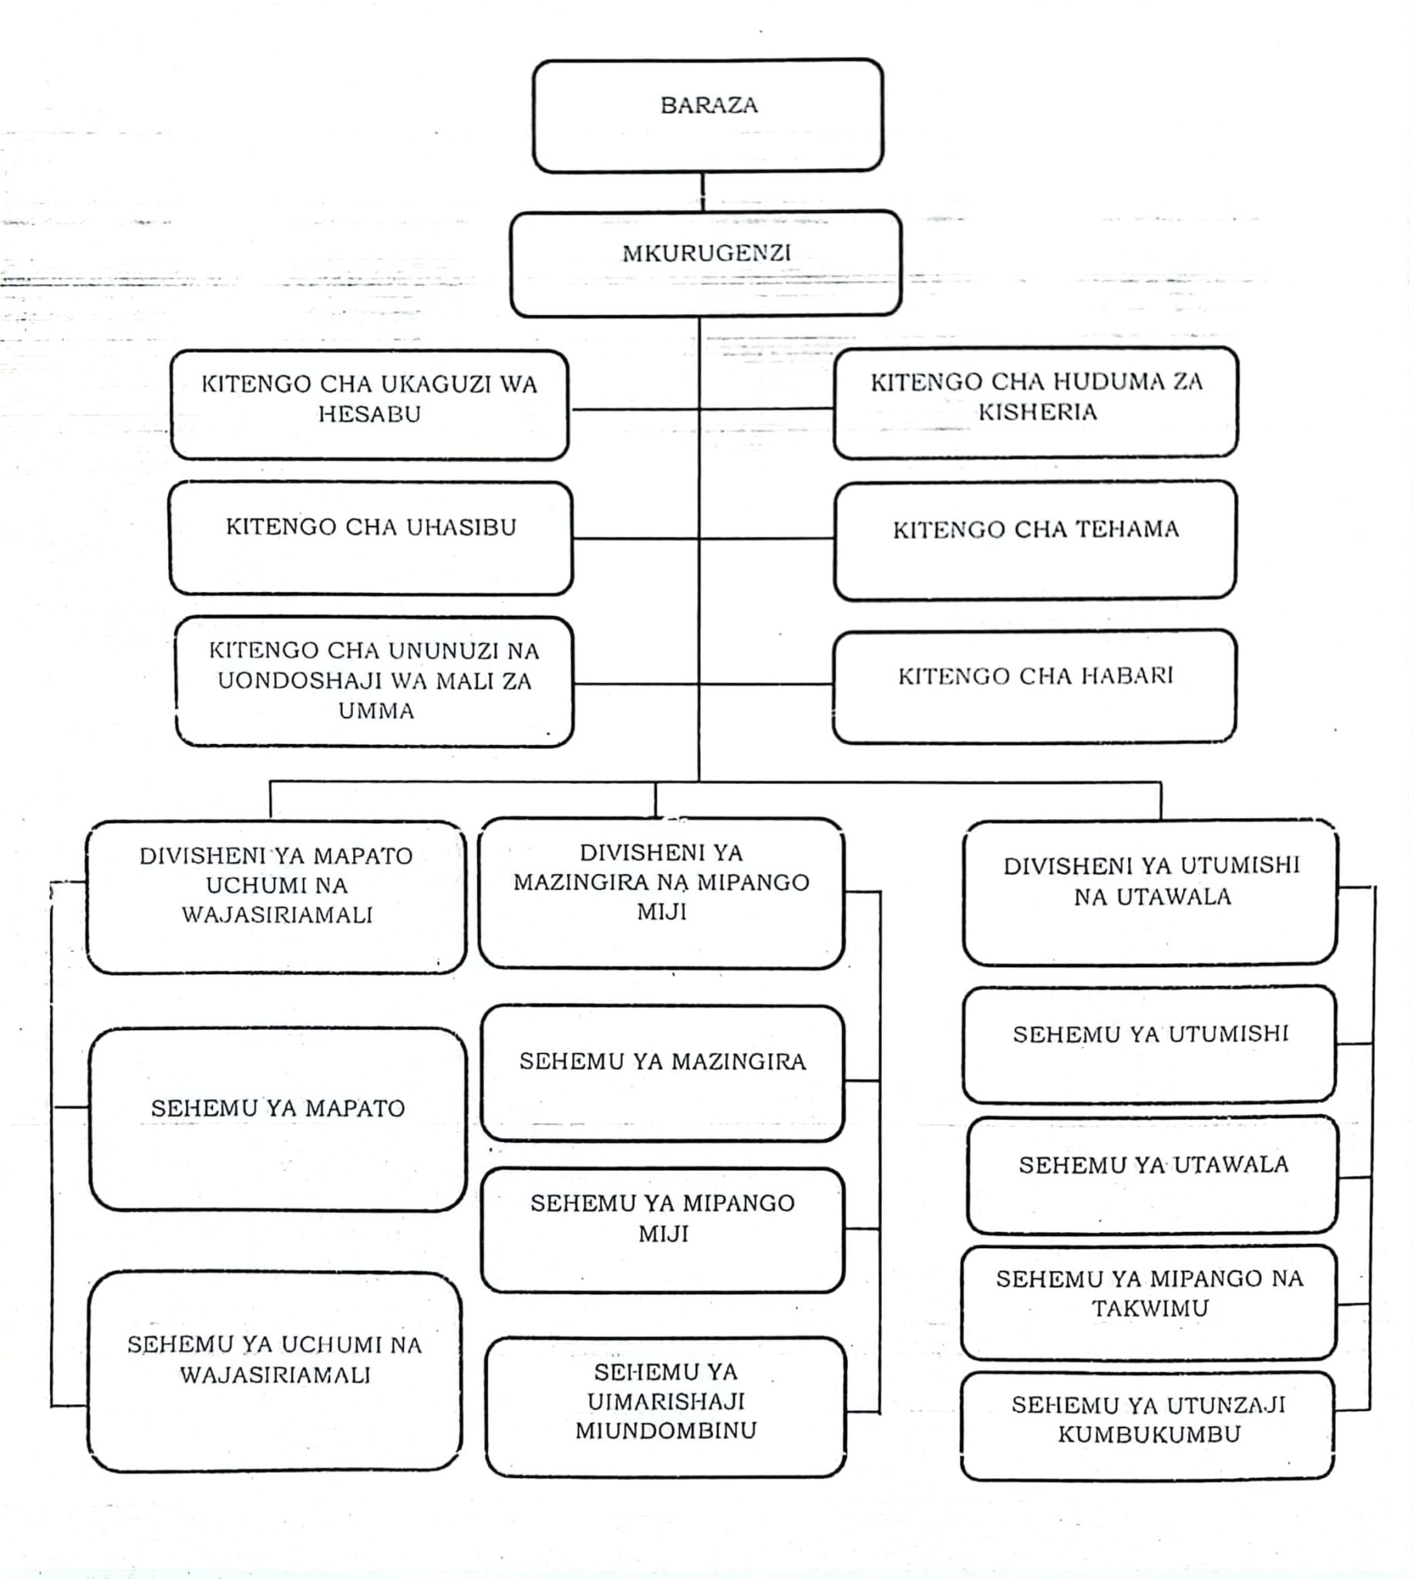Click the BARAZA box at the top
[708, 115]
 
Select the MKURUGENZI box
[705, 263]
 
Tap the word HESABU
[369, 414]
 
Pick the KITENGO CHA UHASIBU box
[371, 537]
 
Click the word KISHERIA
[1037, 412]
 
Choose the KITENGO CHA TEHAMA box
[1035, 539]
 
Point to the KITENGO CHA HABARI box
[1034, 685]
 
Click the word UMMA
[376, 711]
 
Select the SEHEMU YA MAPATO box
[278, 1119]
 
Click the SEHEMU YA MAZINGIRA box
[662, 1072]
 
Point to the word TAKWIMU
[1150, 1308]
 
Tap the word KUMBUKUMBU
[1149, 1435]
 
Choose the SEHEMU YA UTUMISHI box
[1150, 1044]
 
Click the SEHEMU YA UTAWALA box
[1153, 1174]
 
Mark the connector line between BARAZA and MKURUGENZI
[703, 191]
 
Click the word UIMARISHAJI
[666, 1402]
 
